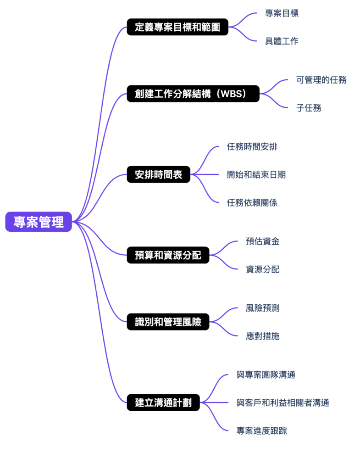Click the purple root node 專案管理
tap(39, 222)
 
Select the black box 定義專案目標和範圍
tap(177, 27)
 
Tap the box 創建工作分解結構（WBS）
tap(193, 94)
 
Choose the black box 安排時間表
tap(158, 174)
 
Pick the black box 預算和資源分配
tap(168, 255)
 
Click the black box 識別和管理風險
tap(168, 322)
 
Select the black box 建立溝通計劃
tap(163, 403)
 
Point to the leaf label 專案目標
tap(282, 13)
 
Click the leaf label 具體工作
tap(282, 41)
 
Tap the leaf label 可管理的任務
tap(321, 80)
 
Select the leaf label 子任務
tap(309, 108)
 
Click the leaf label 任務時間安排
tap(252, 147)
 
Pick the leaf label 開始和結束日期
tap(256, 174)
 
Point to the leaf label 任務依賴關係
tap(252, 202)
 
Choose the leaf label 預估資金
tap(263, 241)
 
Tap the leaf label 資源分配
tap(263, 269)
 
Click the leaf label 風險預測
tap(263, 308)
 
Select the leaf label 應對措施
tap(263, 336)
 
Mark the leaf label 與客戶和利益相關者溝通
tap(283, 403)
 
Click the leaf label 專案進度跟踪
tap(262, 431)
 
